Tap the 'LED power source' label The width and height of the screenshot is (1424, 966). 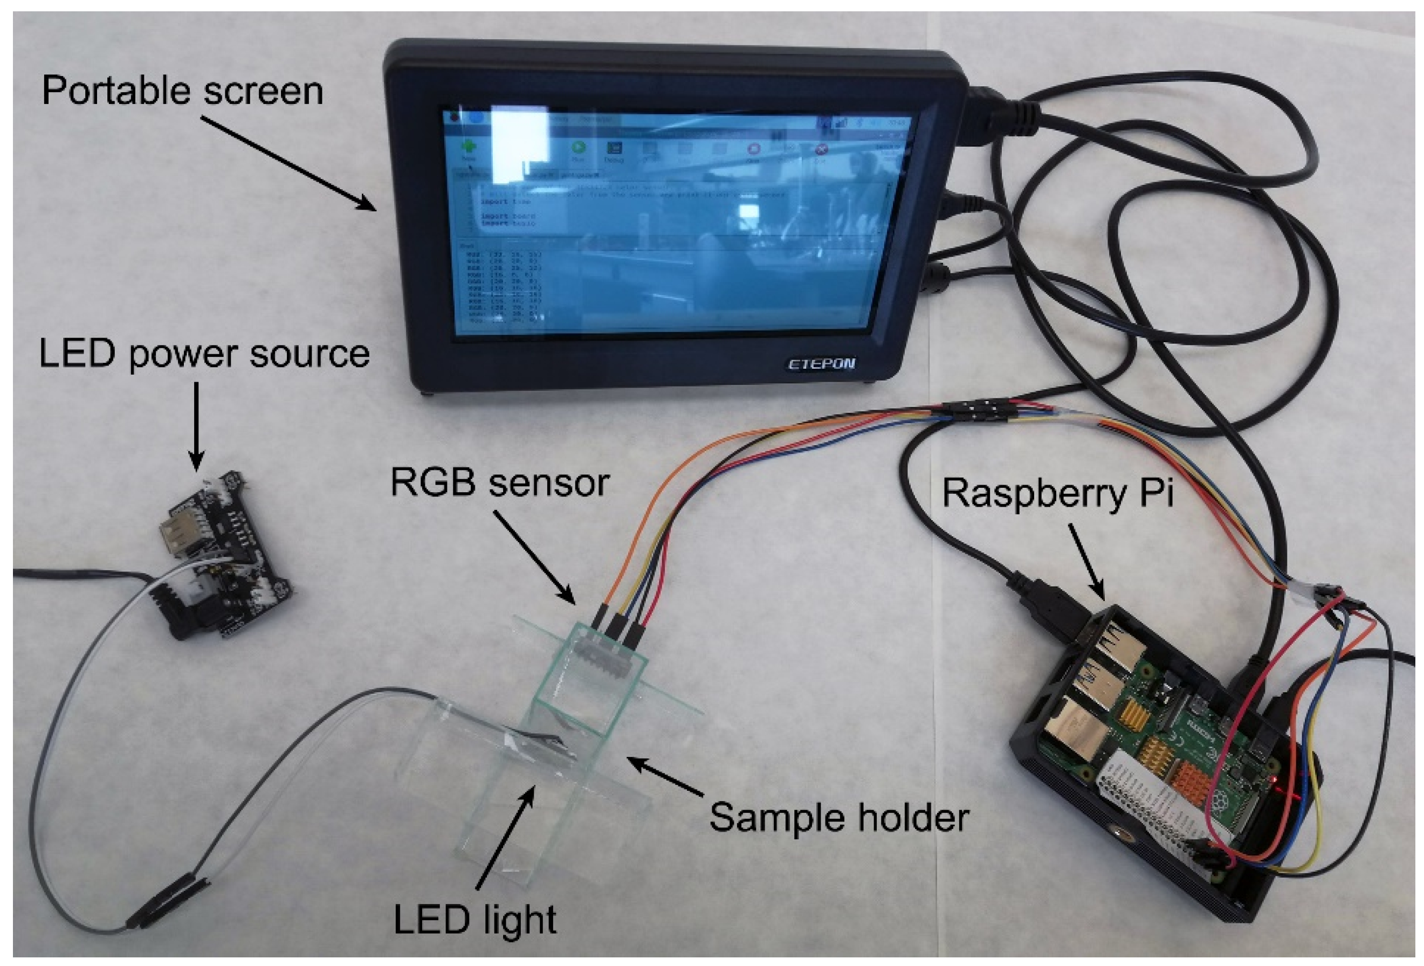204,355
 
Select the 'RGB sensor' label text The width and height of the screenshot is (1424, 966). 499,482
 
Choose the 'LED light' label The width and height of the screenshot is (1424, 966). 475,920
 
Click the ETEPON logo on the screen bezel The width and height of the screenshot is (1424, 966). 821,364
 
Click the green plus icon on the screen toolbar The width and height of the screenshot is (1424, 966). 469,147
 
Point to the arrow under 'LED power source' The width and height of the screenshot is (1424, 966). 196,426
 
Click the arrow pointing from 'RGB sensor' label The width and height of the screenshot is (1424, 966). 533,557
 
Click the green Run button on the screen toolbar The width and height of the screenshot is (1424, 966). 578,148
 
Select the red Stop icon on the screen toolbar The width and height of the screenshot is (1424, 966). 754,149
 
